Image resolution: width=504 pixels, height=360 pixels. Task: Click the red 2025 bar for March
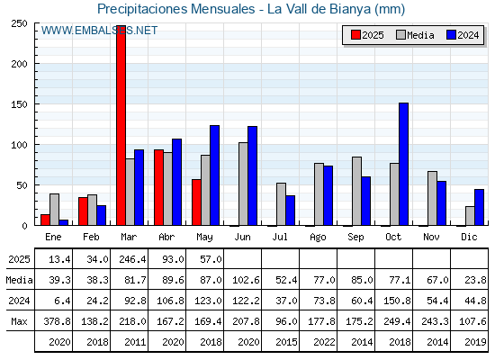tap(121, 125)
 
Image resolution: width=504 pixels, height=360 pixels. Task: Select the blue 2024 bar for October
tap(403, 164)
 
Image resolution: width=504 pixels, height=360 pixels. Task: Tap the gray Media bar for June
tap(243, 184)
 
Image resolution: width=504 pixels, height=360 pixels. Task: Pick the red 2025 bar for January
tap(45, 220)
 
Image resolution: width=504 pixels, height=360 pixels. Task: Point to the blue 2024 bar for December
tap(479, 207)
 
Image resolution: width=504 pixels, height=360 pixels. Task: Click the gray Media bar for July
tap(281, 204)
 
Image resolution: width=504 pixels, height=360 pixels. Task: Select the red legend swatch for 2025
tap(355, 35)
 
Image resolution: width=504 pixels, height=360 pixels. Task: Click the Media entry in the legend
tap(415, 35)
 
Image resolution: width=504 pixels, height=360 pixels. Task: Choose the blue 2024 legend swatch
tap(451, 35)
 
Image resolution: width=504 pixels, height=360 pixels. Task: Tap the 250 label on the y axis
tap(19, 23)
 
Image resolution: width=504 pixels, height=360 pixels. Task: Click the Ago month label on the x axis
tap(318, 238)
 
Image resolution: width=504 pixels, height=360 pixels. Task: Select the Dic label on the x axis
tap(469, 237)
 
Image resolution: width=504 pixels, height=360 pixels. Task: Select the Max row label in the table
tap(19, 321)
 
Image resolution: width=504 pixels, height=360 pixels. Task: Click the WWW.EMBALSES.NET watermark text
tap(99, 31)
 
